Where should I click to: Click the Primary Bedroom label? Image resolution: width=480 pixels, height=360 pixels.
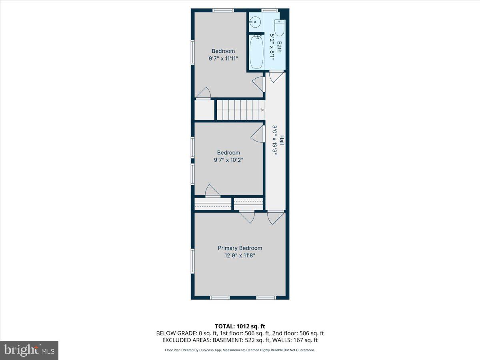pos(240,248)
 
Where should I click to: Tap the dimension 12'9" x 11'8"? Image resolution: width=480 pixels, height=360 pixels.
pos(240,255)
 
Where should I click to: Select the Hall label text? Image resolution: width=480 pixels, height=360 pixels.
pos(282,140)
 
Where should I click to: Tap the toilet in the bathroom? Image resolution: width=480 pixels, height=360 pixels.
pos(279,28)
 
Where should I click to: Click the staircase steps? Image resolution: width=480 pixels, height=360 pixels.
pos(239,110)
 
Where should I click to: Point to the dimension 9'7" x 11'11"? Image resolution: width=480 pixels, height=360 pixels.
pos(223,58)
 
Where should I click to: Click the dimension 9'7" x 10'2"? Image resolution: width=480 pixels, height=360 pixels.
pos(228,160)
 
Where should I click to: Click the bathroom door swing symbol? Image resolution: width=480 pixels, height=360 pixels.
pos(276,77)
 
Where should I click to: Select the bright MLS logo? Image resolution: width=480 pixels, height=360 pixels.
pos(29,350)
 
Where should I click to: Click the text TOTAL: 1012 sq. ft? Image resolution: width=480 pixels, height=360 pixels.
pos(240,326)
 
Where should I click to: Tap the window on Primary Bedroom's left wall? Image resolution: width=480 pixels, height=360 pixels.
pos(192,260)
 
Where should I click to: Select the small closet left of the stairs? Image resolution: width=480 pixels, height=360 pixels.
pos(204,110)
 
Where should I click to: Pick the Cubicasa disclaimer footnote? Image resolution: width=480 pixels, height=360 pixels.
pos(240,350)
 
